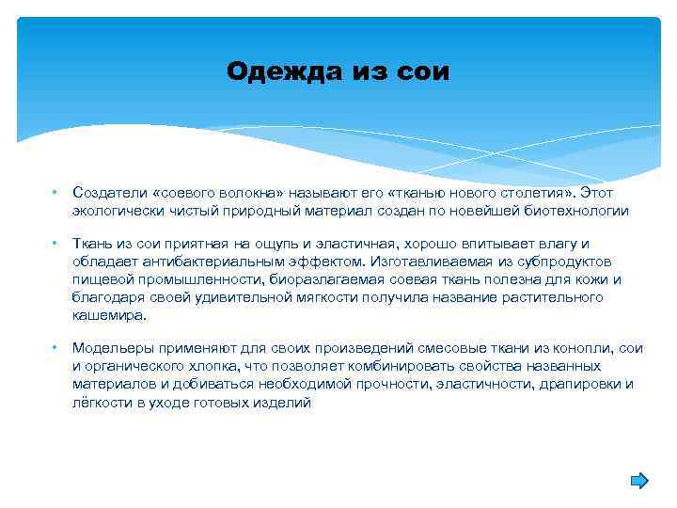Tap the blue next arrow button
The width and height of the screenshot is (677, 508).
pos(638,481)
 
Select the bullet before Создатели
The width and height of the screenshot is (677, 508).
pos(55,193)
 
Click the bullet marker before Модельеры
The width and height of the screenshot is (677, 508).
pos(55,348)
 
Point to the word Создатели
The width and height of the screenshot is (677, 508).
pos(105,193)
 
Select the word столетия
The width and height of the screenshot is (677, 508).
pos(525,193)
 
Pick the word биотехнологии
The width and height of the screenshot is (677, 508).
pos(577,211)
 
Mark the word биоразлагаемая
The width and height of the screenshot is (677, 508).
pos(318,279)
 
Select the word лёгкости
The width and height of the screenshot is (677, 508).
pos(102,402)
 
